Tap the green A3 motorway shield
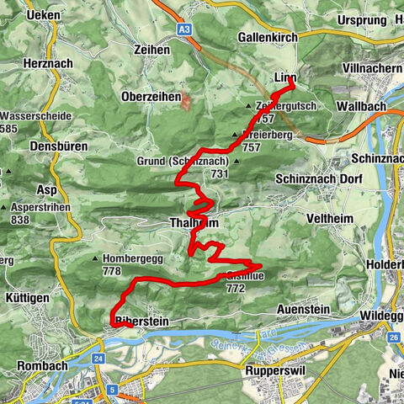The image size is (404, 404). click(x=184, y=29)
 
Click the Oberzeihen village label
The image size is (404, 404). click(x=151, y=97)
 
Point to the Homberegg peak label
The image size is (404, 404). click(x=132, y=259)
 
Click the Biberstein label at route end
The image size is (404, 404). click(x=136, y=321)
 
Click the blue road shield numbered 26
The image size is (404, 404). click(x=393, y=338)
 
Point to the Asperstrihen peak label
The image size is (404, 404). click(x=37, y=207)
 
